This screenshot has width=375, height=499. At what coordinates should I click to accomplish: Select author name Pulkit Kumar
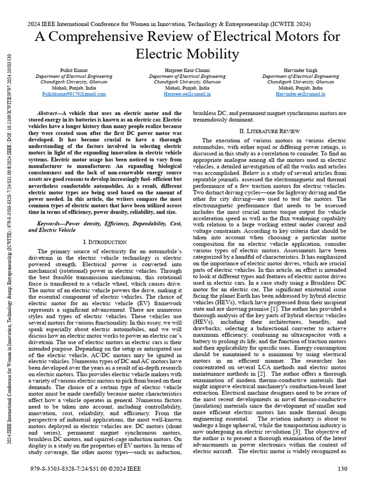coord(74,71)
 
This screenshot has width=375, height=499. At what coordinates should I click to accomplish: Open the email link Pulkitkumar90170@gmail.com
coord(74,94)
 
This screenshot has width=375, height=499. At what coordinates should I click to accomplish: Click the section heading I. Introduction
coord(105,242)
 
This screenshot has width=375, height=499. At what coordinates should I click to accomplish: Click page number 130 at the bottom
coord(342,469)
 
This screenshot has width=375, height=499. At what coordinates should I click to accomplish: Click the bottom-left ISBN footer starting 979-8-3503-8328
coord(78,469)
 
